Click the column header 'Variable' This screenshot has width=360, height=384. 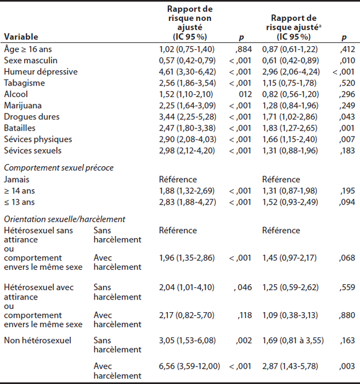pyautogui.click(x=21, y=37)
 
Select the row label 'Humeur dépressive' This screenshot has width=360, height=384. pyautogui.click(x=41, y=72)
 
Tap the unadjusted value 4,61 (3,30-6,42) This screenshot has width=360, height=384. pyautogui.click(x=188, y=72)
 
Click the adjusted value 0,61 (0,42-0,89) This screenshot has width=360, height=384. pyautogui.click(x=290, y=60)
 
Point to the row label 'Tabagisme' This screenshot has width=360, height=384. pyautogui.click(x=25, y=83)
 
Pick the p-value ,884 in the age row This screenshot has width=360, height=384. pyautogui.click(x=244, y=49)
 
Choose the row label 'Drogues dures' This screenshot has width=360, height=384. pyautogui.click(x=32, y=117)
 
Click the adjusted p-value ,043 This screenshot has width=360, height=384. pyautogui.click(x=347, y=117)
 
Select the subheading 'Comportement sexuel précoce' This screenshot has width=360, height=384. pyautogui.click(x=59, y=168)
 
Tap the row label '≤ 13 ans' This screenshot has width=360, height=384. pyautogui.click(x=19, y=202)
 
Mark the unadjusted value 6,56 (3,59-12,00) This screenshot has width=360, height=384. pyautogui.click(x=189, y=366)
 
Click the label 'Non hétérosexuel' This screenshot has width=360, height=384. pyautogui.click(x=38, y=341)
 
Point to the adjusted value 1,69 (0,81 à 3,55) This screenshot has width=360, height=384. pyautogui.click(x=293, y=341)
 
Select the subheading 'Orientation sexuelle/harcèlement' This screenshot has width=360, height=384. pyautogui.click(x=64, y=219)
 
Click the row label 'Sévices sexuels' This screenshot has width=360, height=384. pyautogui.click(x=32, y=151)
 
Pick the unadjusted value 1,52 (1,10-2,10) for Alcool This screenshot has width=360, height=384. pyautogui.click(x=186, y=94)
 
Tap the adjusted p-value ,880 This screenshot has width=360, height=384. pyautogui.click(x=347, y=315)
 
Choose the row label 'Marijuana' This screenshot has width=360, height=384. pyautogui.click(x=23, y=105)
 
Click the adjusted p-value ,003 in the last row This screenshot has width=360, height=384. pyautogui.click(x=347, y=366)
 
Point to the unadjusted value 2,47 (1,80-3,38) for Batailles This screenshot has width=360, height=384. pyautogui.click(x=187, y=128)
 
